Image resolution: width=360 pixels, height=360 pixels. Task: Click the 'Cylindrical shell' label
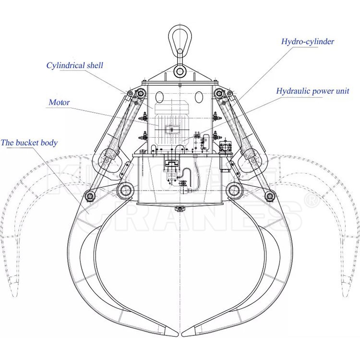(x=74, y=65)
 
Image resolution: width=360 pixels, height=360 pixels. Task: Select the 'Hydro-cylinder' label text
(x=307, y=41)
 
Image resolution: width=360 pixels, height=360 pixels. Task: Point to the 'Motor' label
(x=59, y=102)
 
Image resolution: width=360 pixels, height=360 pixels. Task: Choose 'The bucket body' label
(x=29, y=143)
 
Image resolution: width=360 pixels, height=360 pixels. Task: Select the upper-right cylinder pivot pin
(x=220, y=93)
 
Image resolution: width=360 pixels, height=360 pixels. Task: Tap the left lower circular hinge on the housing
(x=126, y=190)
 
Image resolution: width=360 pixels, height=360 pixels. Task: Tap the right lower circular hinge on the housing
(x=234, y=190)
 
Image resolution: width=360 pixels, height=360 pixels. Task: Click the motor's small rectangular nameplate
(x=171, y=129)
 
